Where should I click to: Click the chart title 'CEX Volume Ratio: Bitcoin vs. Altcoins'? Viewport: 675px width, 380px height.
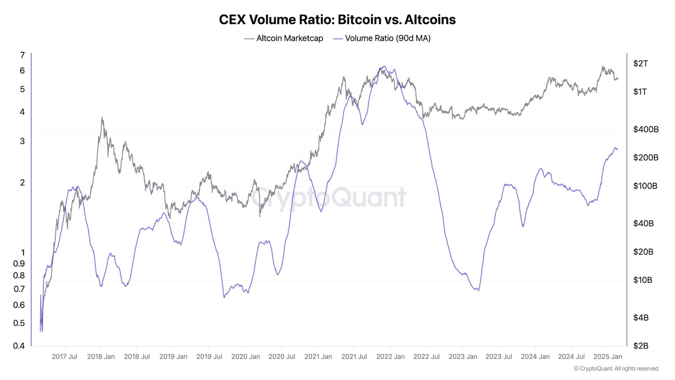337,19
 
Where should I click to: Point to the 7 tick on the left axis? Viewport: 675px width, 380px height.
22,55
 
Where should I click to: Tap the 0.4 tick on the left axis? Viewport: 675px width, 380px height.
19,346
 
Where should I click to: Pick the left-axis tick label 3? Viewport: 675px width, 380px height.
22,141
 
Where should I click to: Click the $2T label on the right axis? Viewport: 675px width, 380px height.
640,63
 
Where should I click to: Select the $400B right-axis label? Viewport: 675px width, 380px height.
645,129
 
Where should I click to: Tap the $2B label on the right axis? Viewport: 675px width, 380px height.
640,346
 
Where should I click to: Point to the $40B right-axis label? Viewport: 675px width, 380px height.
643,223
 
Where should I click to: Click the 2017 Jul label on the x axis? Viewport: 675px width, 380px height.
64,357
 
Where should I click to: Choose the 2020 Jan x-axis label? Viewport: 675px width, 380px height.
246,357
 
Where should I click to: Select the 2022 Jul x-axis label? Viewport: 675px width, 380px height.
426,357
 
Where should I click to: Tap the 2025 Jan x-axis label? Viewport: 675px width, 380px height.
607,357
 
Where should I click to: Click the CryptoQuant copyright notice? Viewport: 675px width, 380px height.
616,369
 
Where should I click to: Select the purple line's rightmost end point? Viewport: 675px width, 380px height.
618,149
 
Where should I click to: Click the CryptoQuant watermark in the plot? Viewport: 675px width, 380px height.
329,197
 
